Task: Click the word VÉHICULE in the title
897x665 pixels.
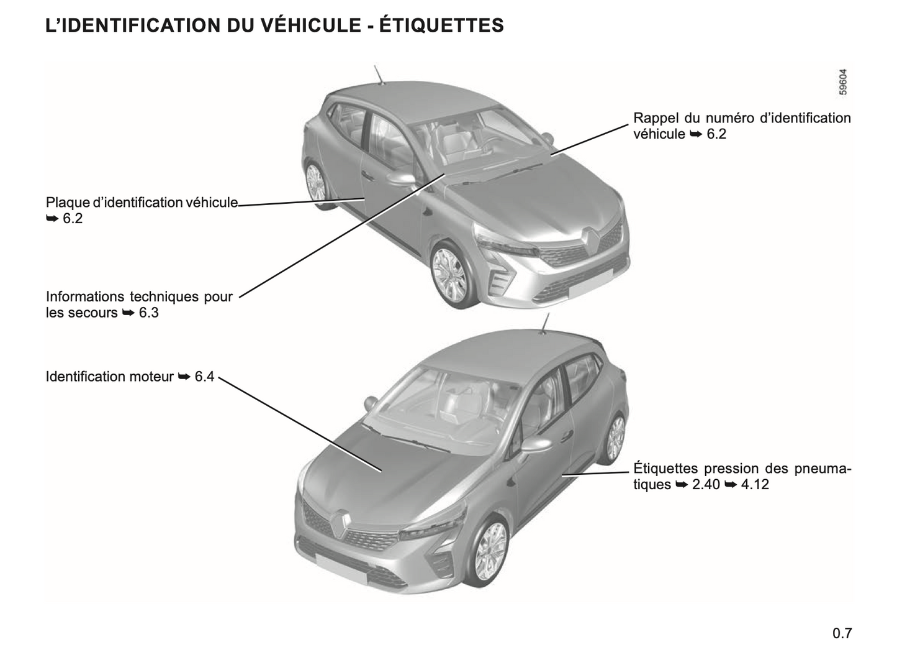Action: point(310,25)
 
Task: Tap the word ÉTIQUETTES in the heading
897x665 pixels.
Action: point(441,25)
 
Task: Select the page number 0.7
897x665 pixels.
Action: point(842,633)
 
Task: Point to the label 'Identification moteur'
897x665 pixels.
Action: point(110,377)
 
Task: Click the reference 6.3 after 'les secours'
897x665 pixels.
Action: point(149,313)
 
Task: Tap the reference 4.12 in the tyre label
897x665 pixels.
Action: point(755,484)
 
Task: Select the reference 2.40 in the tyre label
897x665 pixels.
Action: point(706,484)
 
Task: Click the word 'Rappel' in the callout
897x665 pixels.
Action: point(655,119)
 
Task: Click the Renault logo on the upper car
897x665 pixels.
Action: point(590,239)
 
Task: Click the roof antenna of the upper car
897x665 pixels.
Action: point(379,75)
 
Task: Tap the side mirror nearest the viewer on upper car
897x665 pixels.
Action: point(401,179)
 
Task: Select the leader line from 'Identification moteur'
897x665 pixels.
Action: point(300,424)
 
